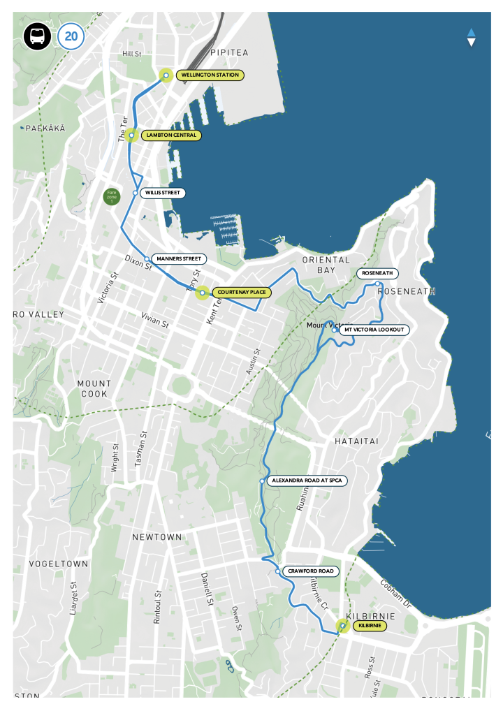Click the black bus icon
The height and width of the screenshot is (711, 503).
pos(37,36)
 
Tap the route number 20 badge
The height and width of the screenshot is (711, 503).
pos(71,36)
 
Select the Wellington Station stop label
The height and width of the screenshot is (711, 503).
pos(209,75)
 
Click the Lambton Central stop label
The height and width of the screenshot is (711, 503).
pos(171,135)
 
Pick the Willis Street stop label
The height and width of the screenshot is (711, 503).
pos(163,193)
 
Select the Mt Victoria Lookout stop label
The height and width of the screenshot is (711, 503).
pos(374,330)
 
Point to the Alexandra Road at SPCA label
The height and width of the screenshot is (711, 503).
pos(307,481)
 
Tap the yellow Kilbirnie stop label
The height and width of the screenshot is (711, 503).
pos(370,626)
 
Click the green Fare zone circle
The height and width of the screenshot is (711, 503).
pos(112,196)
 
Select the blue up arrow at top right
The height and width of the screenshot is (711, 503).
pos(471,32)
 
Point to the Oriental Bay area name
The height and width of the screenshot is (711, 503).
pos(326,265)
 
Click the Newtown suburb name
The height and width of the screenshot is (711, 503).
pos(157,537)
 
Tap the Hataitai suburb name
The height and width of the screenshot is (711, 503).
pos(356,441)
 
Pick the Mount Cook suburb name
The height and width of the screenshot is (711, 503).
pos(94,388)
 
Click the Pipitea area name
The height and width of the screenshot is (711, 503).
pos(228,52)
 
